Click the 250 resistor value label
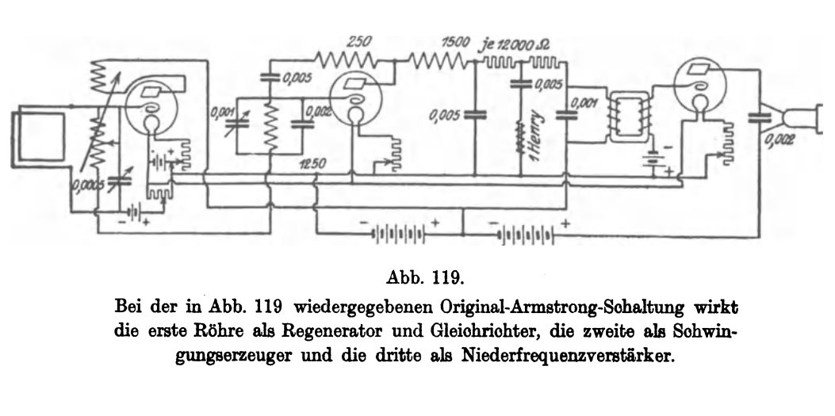[x=358, y=41]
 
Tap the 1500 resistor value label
[x=455, y=42]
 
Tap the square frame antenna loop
[x=39, y=135]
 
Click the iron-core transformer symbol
[x=630, y=117]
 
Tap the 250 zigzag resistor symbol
[x=346, y=59]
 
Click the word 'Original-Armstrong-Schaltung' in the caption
[x=565, y=308]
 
